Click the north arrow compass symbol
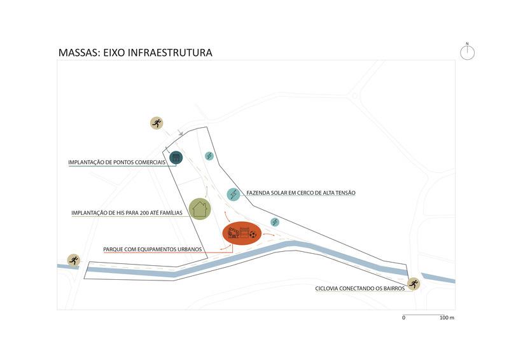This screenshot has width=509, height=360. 468,52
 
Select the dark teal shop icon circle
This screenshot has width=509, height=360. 176,157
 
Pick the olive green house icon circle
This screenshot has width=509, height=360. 200,208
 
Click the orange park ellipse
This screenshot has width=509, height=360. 242,235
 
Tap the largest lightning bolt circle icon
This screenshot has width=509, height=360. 234,194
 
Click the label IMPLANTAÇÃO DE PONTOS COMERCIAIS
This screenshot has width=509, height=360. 116,163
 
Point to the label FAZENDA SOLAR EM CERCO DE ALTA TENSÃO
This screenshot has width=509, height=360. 301,193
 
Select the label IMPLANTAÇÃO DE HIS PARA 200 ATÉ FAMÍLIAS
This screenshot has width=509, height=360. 127,213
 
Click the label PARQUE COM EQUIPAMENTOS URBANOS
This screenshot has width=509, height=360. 153,250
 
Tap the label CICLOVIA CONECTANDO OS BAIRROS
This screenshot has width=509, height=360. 360,289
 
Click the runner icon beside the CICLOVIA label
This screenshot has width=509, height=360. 414,284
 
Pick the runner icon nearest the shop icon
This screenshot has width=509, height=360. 157,123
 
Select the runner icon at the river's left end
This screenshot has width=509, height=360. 74,260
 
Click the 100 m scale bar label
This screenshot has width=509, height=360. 447,317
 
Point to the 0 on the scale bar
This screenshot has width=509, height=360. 403,317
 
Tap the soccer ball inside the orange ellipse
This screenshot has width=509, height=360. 253,235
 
